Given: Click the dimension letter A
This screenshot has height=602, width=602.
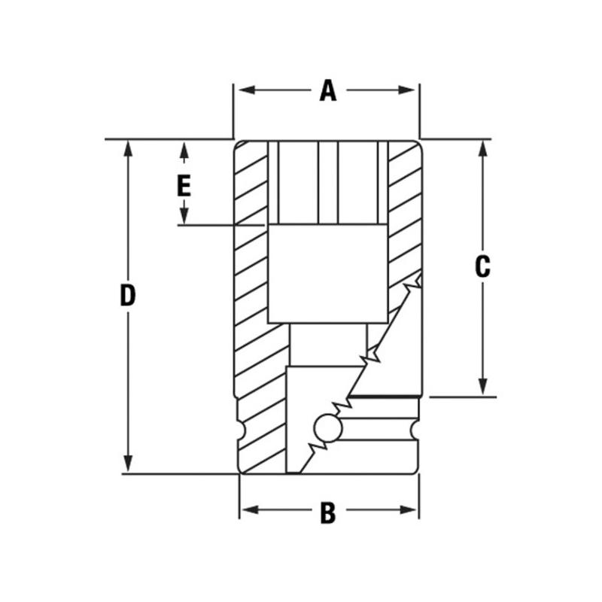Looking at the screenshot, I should point(327,91).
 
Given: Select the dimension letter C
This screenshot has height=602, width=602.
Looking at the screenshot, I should point(482,266).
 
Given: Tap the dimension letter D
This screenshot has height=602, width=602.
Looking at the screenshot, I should point(128,296).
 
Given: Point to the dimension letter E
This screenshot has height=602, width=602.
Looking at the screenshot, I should point(184,185).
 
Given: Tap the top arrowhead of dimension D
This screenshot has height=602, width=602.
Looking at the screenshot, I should point(129,147).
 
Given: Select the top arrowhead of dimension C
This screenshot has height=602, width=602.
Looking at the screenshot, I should point(482,147).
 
